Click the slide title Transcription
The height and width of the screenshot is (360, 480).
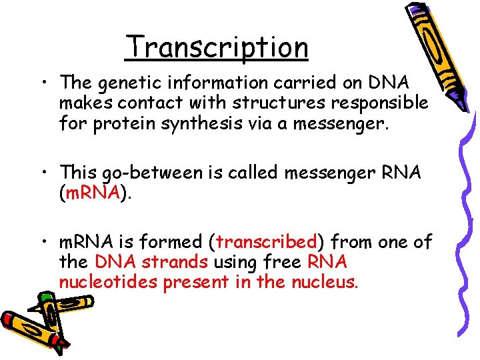tap(217, 47)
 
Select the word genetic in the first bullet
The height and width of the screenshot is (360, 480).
tap(127, 83)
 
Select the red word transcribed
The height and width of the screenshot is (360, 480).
tap(267, 241)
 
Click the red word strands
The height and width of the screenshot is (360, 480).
tap(179, 262)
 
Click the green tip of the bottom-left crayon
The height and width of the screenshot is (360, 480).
tap(45, 297)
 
